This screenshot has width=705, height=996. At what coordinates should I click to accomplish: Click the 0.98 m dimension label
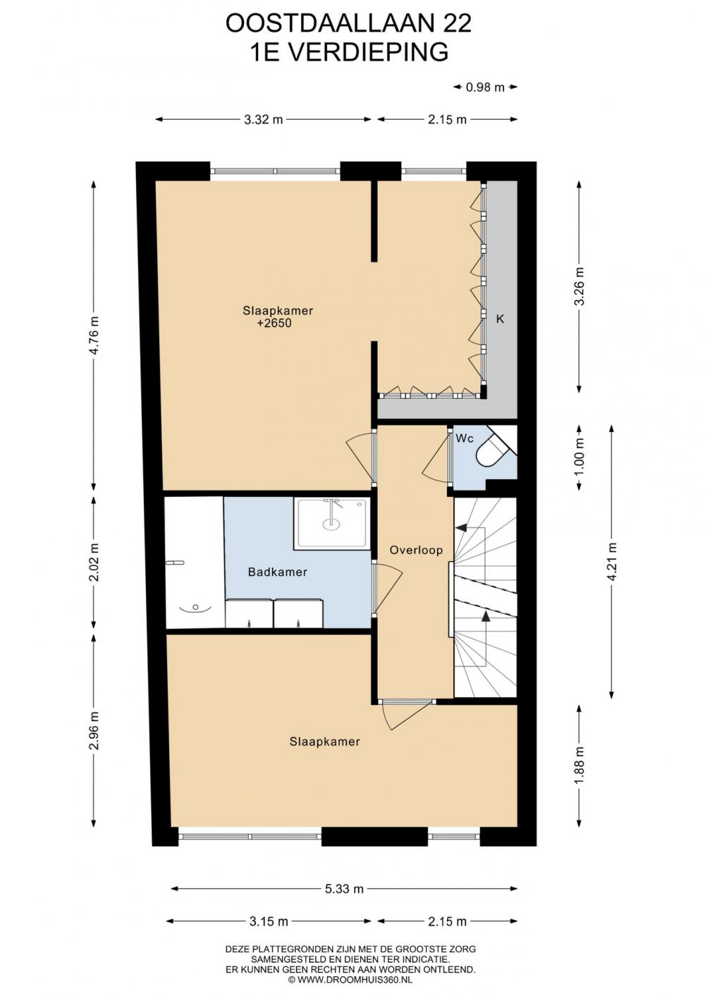(x=485, y=87)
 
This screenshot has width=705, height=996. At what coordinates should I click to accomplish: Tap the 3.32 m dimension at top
(x=264, y=119)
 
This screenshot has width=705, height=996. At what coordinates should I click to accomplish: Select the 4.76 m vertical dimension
(x=94, y=335)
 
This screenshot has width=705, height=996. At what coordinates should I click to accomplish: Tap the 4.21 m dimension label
(x=612, y=561)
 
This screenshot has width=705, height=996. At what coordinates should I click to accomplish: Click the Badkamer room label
(x=278, y=572)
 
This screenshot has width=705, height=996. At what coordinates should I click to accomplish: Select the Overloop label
(x=417, y=551)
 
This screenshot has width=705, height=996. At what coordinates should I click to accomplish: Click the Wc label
(x=465, y=438)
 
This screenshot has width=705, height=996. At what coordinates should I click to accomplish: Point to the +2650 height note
(x=274, y=323)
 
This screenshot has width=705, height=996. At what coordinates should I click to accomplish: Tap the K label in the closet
(x=501, y=319)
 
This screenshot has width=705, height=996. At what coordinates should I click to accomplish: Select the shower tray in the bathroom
(x=332, y=523)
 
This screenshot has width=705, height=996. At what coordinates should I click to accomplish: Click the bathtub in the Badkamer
(x=195, y=562)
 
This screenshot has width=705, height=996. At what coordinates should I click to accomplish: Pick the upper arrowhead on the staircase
(x=462, y=528)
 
